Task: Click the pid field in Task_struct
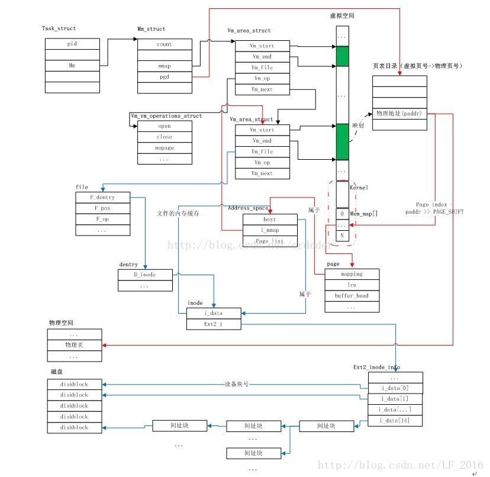[x=72, y=44]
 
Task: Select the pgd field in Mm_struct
[x=165, y=76]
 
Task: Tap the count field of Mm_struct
[x=165, y=44]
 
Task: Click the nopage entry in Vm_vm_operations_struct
[x=165, y=148]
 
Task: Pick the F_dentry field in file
[x=102, y=197]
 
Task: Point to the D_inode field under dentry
[x=145, y=275]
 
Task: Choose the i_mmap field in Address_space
[x=270, y=230]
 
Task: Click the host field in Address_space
[x=270, y=220]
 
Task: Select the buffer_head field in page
[x=352, y=296]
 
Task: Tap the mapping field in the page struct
[x=352, y=274]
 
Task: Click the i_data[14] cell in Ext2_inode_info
[x=395, y=421]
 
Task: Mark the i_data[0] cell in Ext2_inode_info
[x=395, y=388]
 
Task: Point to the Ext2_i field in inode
[x=214, y=324]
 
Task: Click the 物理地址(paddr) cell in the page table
[x=399, y=112]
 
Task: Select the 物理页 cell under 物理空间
[x=75, y=346]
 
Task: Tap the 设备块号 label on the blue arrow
[x=237, y=384]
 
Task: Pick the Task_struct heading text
[x=59, y=28]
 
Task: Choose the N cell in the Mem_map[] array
[x=341, y=236]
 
